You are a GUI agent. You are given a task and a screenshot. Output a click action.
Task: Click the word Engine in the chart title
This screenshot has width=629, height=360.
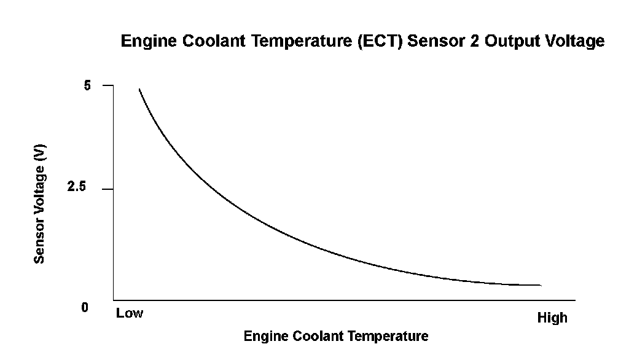[149, 41]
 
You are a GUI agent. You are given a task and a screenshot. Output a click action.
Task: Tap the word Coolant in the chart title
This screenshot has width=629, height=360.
[213, 41]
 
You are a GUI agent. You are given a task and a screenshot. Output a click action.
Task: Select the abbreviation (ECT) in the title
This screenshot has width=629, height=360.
[380, 41]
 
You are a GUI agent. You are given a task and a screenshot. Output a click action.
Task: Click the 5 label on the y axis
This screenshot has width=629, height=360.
[87, 85]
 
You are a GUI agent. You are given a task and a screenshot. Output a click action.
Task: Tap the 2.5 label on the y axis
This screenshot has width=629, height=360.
[77, 186]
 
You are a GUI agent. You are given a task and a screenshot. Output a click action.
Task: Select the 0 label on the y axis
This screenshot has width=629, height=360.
[85, 307]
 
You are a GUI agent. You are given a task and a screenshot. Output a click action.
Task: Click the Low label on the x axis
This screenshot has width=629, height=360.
[130, 313]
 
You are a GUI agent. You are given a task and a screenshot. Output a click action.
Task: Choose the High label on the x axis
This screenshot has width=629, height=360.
[552, 318]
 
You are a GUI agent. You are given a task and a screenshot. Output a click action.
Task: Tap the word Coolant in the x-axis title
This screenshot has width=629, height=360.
[318, 335]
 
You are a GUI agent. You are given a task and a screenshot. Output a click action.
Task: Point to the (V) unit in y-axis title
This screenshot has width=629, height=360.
[39, 153]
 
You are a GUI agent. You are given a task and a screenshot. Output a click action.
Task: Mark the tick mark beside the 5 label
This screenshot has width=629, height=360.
[108, 85]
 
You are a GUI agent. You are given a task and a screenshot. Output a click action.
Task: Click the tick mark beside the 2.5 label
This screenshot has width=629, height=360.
[108, 189]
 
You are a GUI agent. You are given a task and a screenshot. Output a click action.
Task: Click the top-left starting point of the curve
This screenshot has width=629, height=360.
[139, 89]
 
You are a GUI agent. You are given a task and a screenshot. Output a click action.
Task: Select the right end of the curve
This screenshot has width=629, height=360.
[541, 285]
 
